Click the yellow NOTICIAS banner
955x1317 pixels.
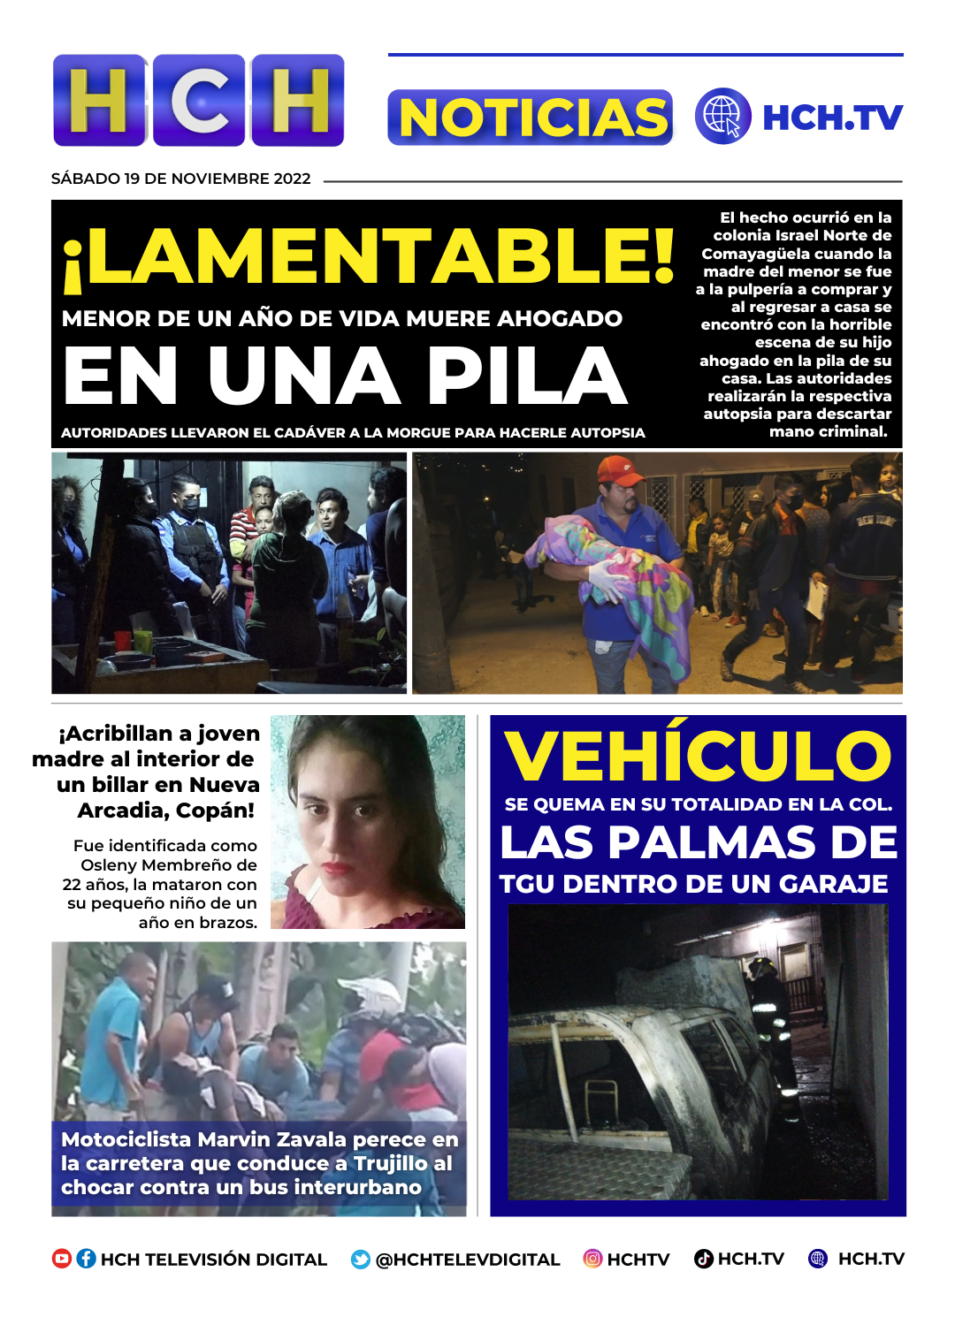point(531,118)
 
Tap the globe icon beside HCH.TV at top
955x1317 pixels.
point(722,116)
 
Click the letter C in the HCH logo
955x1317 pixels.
point(199,100)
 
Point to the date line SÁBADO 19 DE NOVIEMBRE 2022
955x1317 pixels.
point(181,179)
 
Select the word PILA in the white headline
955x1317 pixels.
point(527,377)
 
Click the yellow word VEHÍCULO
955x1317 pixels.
point(698,757)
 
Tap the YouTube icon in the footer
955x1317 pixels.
point(62,1259)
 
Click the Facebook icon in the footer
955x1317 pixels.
point(86,1259)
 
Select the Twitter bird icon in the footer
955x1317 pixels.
point(361,1260)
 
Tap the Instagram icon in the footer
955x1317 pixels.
point(592,1259)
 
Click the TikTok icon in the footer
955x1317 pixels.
point(704,1259)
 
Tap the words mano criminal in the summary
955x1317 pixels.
point(829,432)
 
